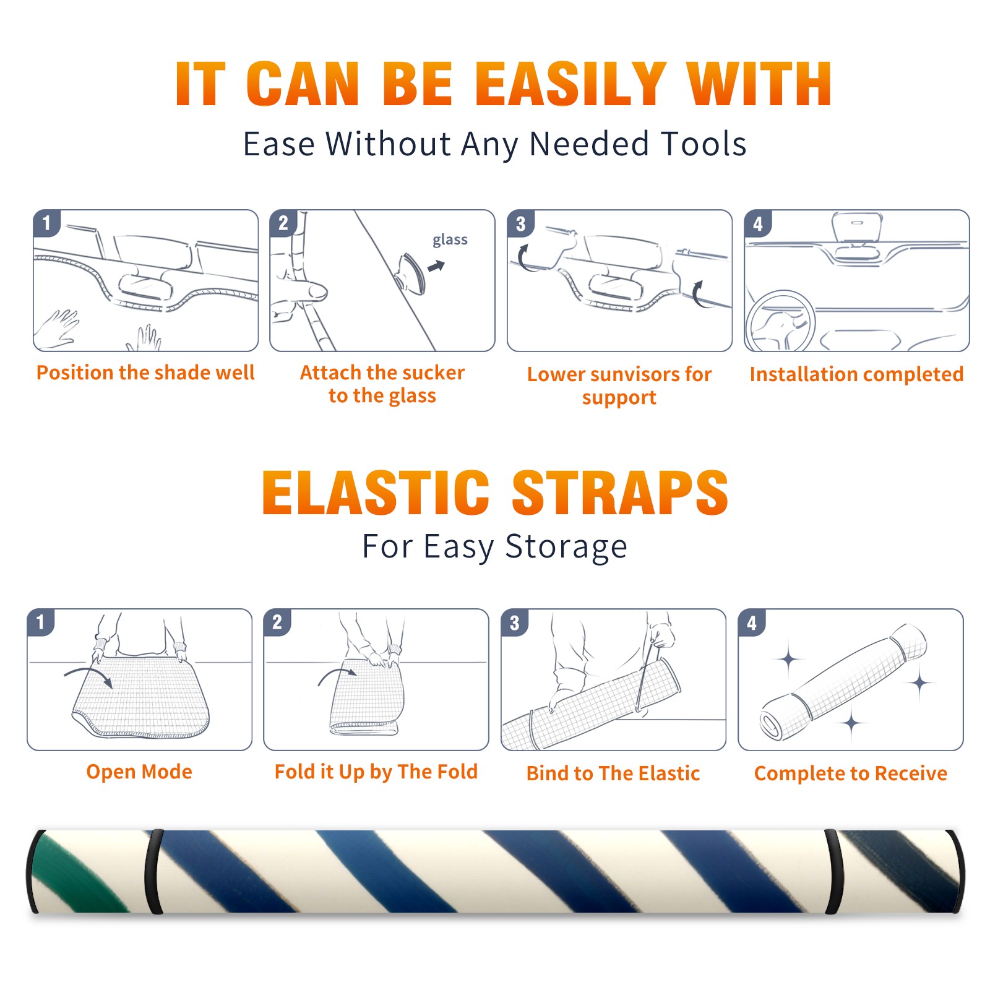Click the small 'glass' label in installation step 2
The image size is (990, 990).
point(450,240)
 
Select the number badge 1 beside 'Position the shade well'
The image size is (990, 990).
point(47,223)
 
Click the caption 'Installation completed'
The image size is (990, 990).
point(856,374)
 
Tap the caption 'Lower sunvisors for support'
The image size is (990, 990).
point(619,385)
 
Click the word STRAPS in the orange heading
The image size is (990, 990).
point(620,493)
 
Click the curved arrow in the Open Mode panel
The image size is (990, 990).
point(88,676)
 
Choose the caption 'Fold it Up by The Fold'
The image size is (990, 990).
point(376,772)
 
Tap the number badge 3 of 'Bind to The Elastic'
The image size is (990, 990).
point(515,622)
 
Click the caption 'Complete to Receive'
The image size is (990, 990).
point(851,773)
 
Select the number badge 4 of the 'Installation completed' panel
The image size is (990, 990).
point(758,223)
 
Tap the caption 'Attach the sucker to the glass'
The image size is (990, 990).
point(382,384)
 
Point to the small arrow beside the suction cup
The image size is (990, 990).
point(437,266)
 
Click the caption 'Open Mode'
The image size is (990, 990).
point(139,772)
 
